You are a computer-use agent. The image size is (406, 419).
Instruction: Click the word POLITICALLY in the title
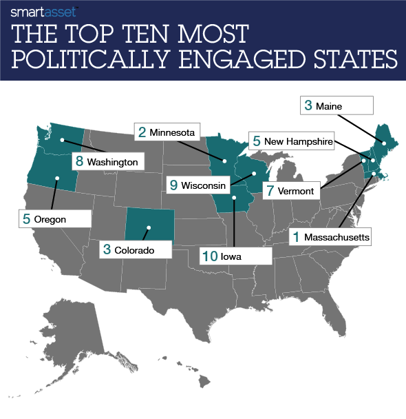99,60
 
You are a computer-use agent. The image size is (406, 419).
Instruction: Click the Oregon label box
54,220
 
